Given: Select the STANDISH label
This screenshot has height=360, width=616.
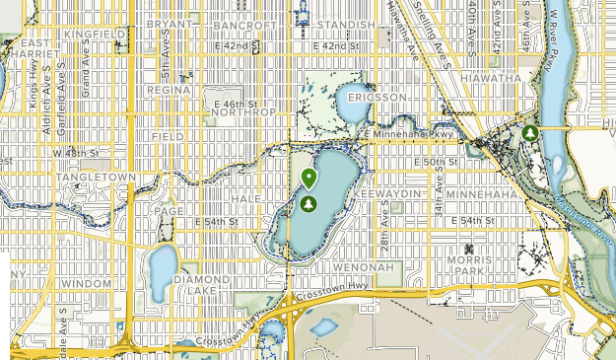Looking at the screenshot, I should [x=346, y=24].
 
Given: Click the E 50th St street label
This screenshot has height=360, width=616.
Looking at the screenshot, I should [x=436, y=161].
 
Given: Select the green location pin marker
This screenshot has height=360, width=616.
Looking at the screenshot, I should [x=309, y=179].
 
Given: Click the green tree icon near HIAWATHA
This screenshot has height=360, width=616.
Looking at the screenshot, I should [x=530, y=132].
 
